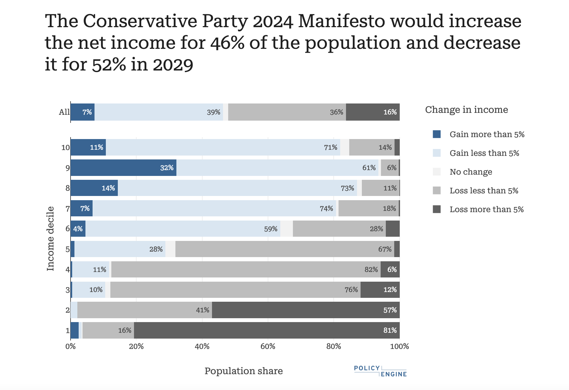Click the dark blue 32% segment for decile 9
pyautogui.click(x=123, y=168)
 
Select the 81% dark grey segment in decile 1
pyautogui.click(x=267, y=330)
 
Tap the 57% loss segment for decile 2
pyautogui.click(x=306, y=310)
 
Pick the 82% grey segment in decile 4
pyautogui.click(x=246, y=269)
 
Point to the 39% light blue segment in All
pyautogui.click(x=159, y=112)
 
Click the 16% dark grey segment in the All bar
pyautogui.click(x=373, y=112)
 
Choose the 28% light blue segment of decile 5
pyautogui.click(x=120, y=249)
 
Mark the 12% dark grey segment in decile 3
pyautogui.click(x=380, y=289)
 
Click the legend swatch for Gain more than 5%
pyautogui.click(x=437, y=134)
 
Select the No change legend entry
pyautogui.click(x=471, y=172)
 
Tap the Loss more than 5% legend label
pyautogui.click(x=486, y=209)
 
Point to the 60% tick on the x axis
pyautogui.click(x=268, y=346)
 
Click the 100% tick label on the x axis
pyautogui.click(x=400, y=346)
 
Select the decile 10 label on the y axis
pyautogui.click(x=65, y=147)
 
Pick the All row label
pyautogui.click(x=64, y=112)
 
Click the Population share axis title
pyautogui.click(x=243, y=371)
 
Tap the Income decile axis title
pyautogui.click(x=50, y=238)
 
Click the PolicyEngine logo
pyautogui.click(x=380, y=371)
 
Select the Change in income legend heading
pyautogui.click(x=466, y=110)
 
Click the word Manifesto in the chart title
pyautogui.click(x=341, y=21)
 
